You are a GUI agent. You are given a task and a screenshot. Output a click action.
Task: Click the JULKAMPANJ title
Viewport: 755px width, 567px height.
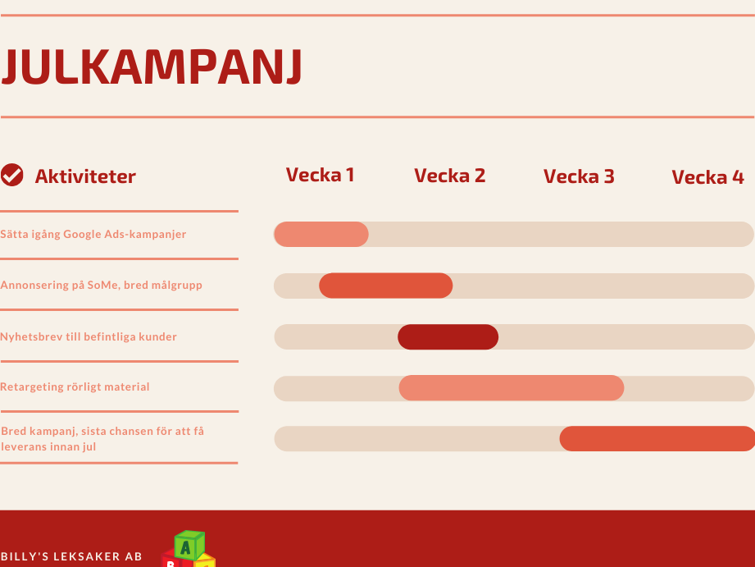click(152, 67)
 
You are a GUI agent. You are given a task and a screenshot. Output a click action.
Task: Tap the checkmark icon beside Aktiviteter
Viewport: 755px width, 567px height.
click(12, 175)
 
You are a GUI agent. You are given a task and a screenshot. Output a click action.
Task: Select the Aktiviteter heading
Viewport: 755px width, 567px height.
click(85, 176)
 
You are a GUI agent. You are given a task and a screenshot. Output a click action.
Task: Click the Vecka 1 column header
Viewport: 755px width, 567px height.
click(321, 175)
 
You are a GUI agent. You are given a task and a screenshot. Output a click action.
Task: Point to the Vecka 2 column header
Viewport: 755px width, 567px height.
click(450, 176)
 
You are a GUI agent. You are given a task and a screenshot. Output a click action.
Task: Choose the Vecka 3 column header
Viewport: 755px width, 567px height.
click(579, 176)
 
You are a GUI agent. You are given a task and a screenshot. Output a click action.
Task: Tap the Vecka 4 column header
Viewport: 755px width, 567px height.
click(707, 177)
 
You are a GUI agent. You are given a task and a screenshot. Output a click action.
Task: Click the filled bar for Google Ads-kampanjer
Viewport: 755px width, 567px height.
click(321, 235)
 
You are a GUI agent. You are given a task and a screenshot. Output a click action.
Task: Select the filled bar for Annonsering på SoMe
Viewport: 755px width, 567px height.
click(385, 286)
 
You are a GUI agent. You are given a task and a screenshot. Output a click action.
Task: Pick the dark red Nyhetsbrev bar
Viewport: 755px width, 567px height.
click(448, 336)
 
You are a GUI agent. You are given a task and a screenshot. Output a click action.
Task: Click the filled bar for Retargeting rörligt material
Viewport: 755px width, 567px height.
click(512, 387)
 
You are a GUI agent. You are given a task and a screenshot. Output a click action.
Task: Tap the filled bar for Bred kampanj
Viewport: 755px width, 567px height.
click(657, 439)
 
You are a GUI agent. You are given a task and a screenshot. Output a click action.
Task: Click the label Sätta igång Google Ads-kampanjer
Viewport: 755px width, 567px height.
click(93, 235)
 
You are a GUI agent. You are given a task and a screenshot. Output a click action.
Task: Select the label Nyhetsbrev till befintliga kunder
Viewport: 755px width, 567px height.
click(89, 336)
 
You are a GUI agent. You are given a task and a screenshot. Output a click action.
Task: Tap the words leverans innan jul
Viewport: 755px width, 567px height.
click(48, 447)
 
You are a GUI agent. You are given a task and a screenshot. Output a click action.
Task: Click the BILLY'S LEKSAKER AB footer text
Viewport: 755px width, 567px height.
click(71, 556)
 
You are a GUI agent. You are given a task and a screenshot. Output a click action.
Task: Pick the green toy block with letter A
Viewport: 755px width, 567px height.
click(189, 546)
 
